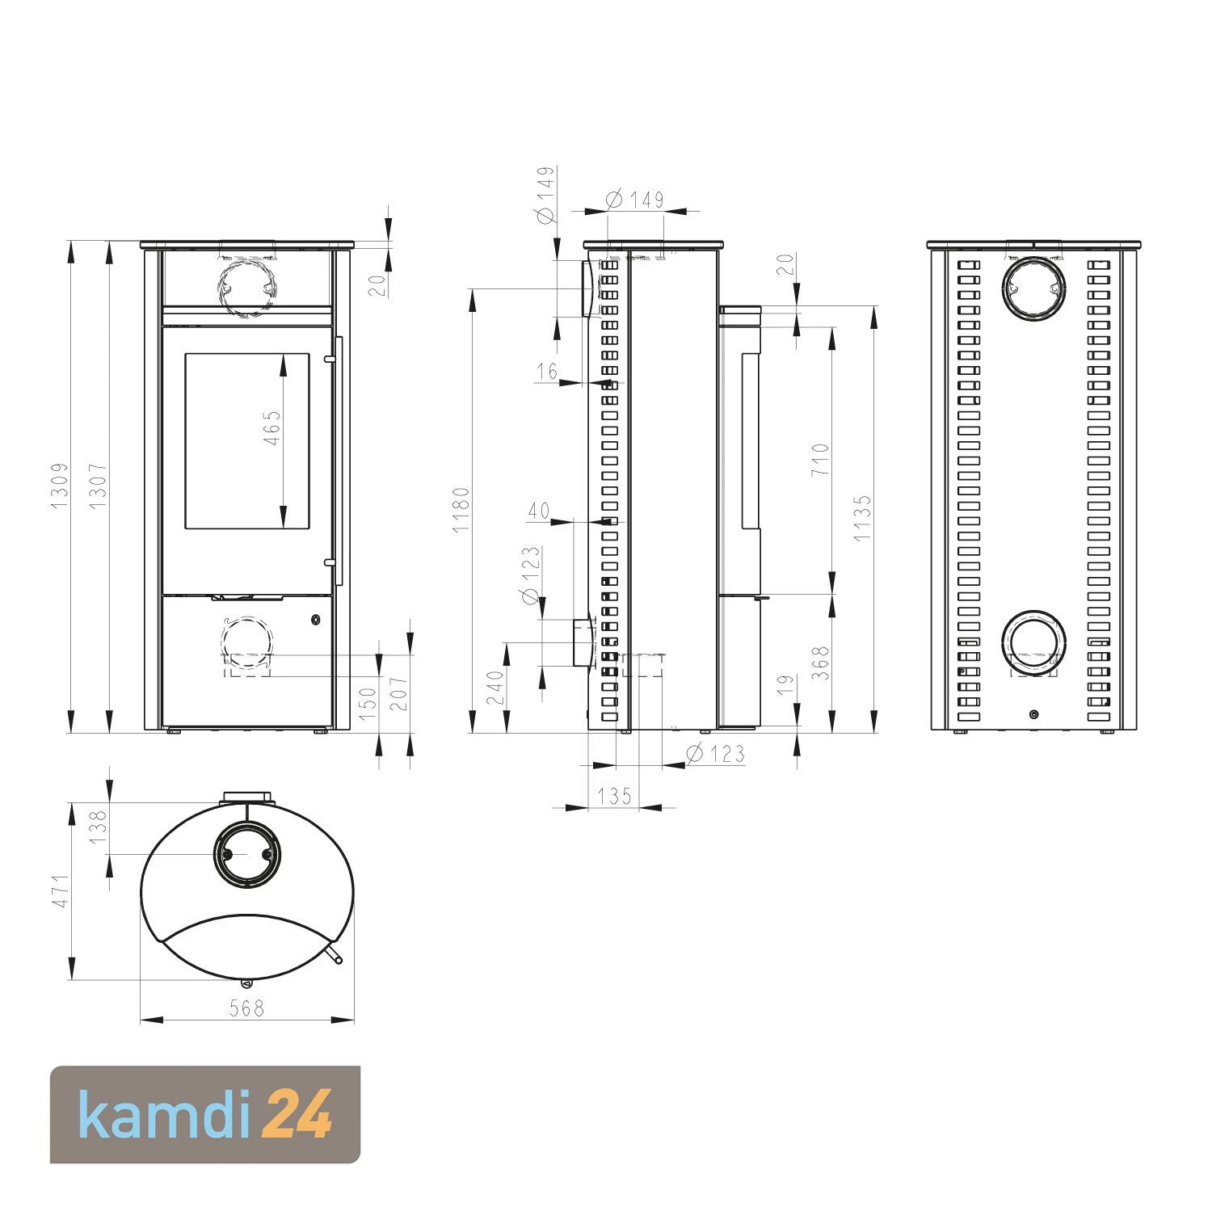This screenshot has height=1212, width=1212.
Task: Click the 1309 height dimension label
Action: pyautogui.click(x=59, y=486)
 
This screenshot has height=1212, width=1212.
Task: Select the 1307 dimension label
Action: pyautogui.click(x=98, y=486)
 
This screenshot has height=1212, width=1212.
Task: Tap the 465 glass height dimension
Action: pyautogui.click(x=272, y=428)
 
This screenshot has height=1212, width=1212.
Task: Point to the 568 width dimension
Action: pyautogui.click(x=246, y=1008)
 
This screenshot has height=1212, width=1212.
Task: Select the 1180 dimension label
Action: pyautogui.click(x=461, y=509)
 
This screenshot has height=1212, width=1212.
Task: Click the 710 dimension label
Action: pyautogui.click(x=820, y=460)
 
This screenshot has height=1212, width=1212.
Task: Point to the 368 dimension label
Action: pyautogui.click(x=820, y=663)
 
